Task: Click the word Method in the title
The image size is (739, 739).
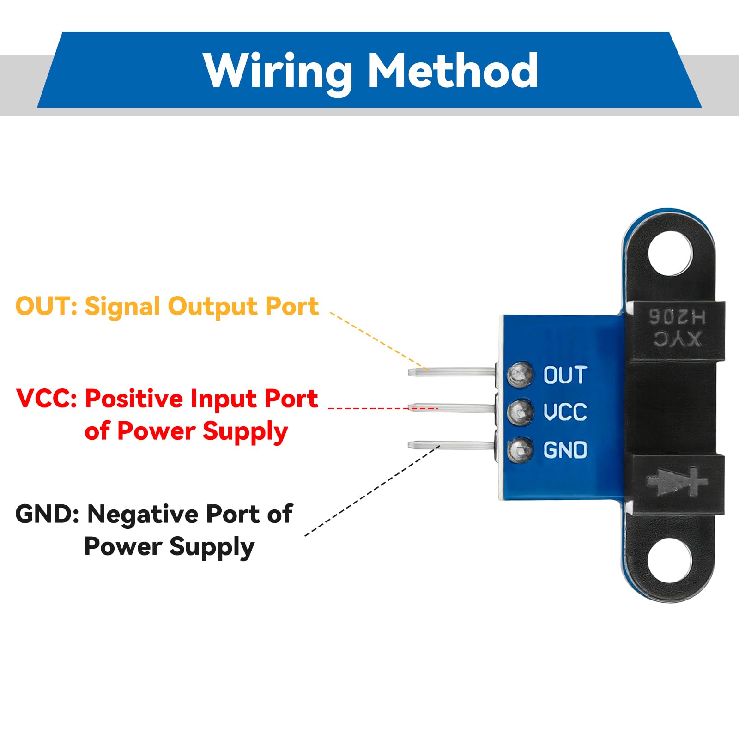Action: pos(453,70)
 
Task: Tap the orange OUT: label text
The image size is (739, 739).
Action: pos(46,306)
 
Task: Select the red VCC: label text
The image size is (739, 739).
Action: pos(46,399)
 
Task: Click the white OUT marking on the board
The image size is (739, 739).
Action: pos(564,375)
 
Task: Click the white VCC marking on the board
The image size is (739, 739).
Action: pos(564,412)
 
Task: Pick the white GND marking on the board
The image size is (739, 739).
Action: pos(564,450)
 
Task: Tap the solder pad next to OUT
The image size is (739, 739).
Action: pos(520,375)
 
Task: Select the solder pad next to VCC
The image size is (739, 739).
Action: pos(520,412)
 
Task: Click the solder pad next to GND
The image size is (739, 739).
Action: pos(520,449)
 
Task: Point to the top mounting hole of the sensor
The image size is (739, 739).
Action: pos(671,254)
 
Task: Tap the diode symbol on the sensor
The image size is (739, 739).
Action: pos(676,482)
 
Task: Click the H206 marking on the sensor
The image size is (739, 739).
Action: pos(677,317)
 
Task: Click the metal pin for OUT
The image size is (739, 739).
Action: pos(450,371)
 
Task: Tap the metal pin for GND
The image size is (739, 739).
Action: pos(450,445)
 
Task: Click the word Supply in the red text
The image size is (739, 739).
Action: pos(245,432)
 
